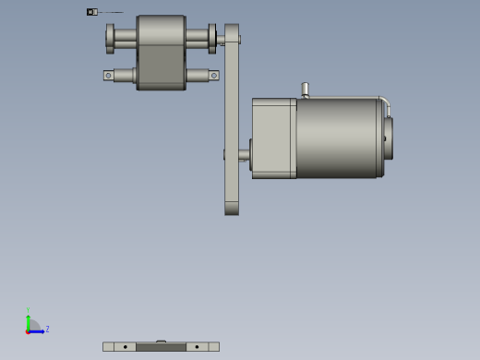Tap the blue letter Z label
pos(47,329)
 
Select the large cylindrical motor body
pos(337,138)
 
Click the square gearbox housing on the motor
pos(273,138)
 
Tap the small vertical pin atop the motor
pos(303,90)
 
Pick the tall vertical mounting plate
pos(232,129)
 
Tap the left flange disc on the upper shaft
pos(110,38)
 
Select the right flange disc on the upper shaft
pos(212,38)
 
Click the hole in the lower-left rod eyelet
pos(109,76)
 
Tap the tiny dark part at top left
pos(90,12)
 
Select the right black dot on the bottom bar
pos(197,347)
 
